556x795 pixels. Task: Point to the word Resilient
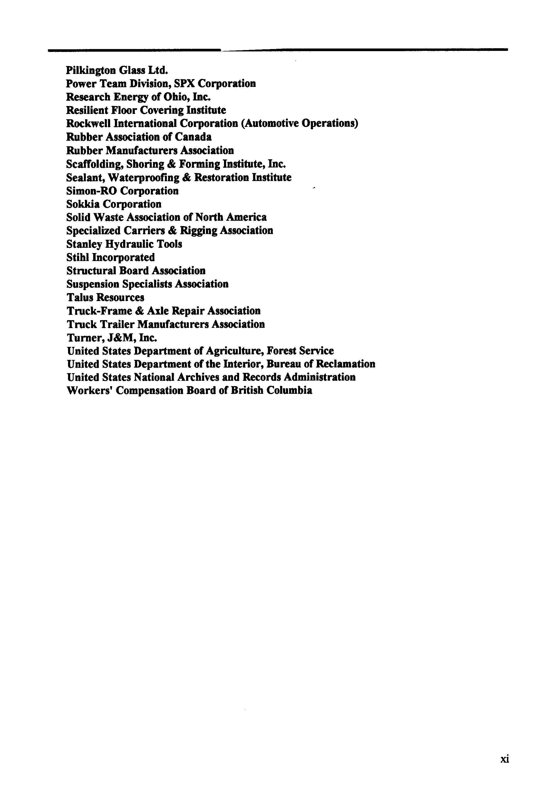pyautogui.click(x=87, y=110)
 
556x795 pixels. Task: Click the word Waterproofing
pyautogui.click(x=143, y=177)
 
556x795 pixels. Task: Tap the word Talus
pyautogui.click(x=79, y=297)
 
